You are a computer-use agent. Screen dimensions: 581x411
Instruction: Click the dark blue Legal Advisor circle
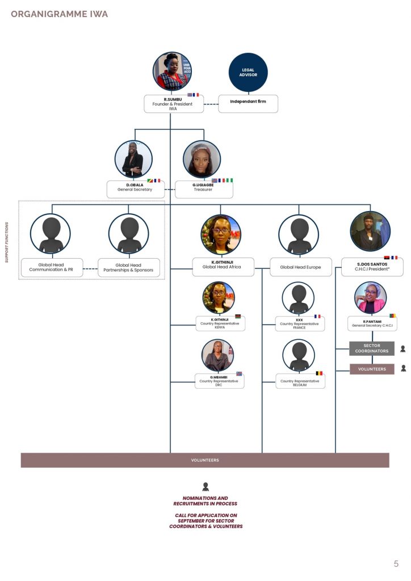click(x=248, y=72)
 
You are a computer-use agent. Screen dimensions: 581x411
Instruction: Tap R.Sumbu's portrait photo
click(x=172, y=71)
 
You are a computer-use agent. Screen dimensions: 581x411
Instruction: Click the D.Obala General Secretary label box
click(x=135, y=189)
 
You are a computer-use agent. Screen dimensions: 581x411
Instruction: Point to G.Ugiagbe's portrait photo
click(x=202, y=159)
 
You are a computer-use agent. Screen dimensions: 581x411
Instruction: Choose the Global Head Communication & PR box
click(x=52, y=267)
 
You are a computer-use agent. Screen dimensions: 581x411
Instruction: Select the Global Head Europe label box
click(x=300, y=267)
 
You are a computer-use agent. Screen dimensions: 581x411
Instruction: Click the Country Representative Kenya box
click(x=220, y=323)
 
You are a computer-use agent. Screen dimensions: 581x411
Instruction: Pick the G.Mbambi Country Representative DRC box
click(x=219, y=381)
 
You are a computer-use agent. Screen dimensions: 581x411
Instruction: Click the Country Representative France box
click(x=299, y=324)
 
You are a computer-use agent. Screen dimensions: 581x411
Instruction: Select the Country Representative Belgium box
click(x=299, y=381)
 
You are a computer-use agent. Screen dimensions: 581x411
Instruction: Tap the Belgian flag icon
click(x=319, y=373)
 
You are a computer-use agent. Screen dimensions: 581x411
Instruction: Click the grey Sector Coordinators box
click(x=371, y=348)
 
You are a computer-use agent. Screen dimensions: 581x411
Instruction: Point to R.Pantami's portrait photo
click(x=370, y=298)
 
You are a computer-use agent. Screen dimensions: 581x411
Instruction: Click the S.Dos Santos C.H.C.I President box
click(x=372, y=267)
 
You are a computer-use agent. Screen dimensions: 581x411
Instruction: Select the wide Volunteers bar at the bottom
click(x=205, y=460)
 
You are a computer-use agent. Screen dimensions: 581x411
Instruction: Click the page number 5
click(x=396, y=563)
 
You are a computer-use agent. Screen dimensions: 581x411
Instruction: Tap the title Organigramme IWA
click(x=59, y=14)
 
